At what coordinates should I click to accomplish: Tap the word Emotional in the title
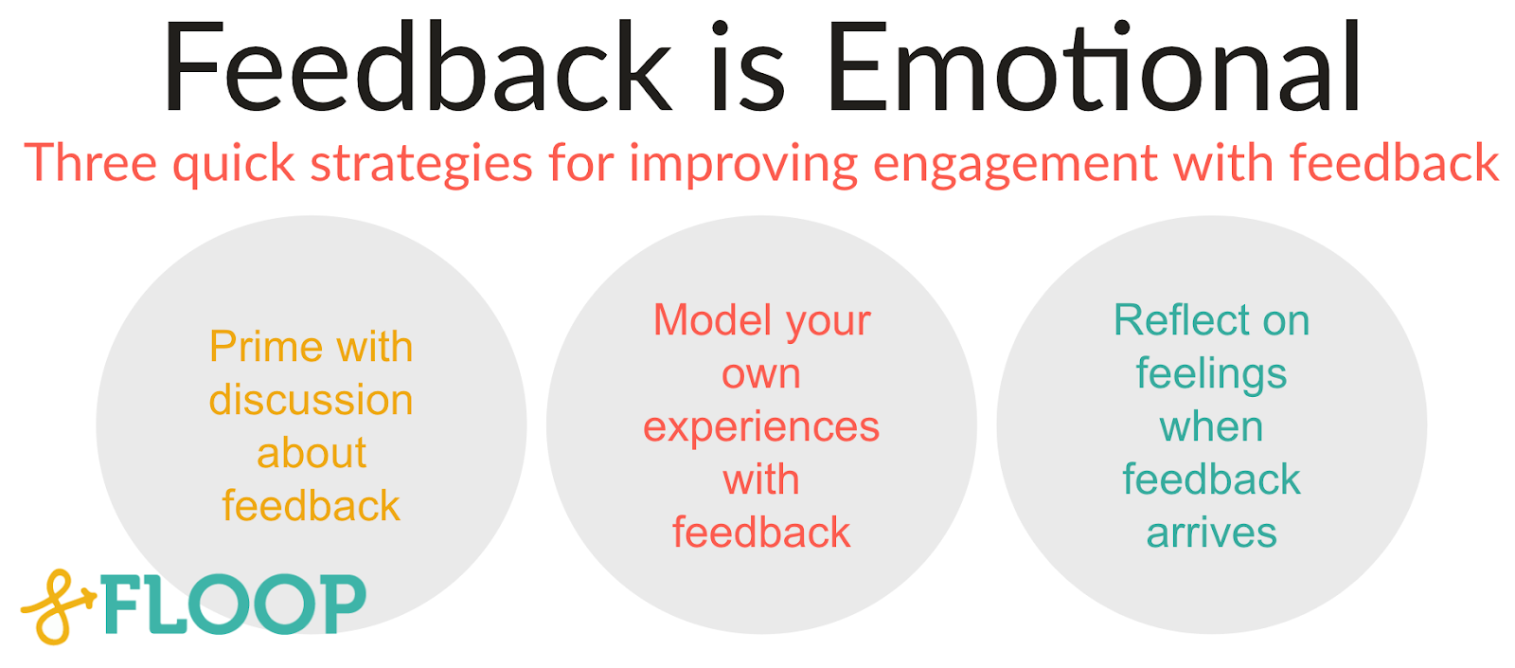(1094, 68)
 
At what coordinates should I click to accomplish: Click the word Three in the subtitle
(91, 163)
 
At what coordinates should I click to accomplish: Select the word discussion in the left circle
(311, 400)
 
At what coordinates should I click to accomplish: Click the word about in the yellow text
(311, 453)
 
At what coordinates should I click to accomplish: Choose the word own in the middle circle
(761, 374)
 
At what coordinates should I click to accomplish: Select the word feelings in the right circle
(1211, 374)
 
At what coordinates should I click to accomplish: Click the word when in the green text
(1211, 426)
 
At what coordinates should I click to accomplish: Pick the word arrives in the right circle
(1211, 533)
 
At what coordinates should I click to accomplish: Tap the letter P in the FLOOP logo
(336, 604)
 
